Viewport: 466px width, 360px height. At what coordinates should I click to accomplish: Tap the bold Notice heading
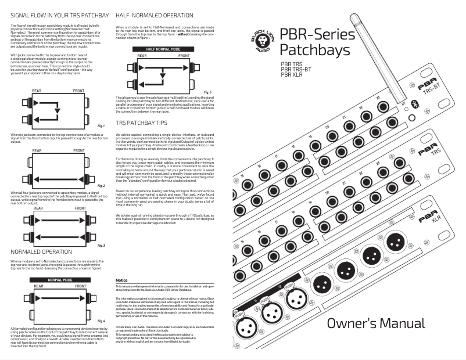coord(121,280)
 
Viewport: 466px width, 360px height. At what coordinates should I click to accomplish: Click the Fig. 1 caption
coord(101,125)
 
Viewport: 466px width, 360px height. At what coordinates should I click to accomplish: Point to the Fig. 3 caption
coord(101,245)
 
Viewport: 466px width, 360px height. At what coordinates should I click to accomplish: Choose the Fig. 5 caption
coord(207,92)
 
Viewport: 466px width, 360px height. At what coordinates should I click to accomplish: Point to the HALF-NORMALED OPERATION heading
coord(155,13)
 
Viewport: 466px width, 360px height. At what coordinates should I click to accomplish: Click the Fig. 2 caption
coord(101,185)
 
